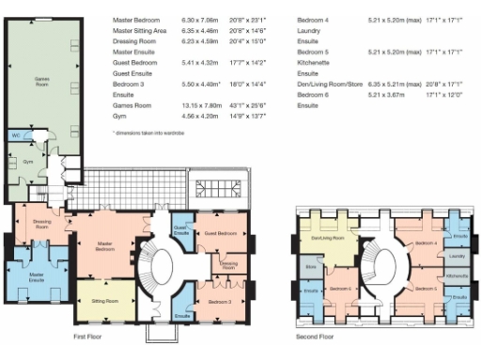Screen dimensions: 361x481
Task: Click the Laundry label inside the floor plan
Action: [x=458, y=256]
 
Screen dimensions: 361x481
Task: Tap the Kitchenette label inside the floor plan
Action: [x=458, y=275]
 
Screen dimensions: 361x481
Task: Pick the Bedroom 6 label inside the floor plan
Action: [x=341, y=288]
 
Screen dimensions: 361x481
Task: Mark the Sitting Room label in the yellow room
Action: [x=104, y=301]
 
